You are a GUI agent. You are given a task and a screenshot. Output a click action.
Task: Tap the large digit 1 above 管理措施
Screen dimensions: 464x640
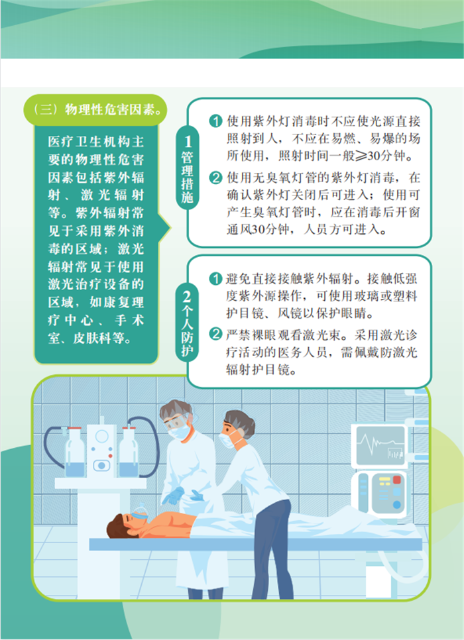(188, 142)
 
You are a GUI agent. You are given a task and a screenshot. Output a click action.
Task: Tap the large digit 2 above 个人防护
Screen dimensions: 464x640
(187, 297)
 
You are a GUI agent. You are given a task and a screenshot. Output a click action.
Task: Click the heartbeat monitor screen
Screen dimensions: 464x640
(380, 446)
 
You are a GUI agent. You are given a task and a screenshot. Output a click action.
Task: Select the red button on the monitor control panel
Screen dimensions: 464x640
(396, 479)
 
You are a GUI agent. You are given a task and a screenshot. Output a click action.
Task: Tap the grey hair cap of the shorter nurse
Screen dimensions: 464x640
(241, 421)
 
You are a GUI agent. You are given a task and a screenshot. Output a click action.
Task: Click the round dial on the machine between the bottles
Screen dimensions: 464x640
(101, 437)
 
